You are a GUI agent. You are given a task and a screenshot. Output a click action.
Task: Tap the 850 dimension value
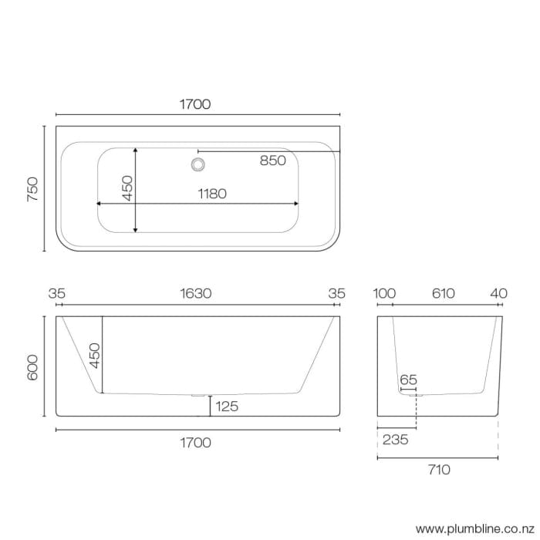[273, 160]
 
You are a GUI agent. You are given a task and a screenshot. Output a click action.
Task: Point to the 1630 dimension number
[196, 294]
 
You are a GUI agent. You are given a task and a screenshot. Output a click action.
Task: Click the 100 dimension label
[384, 294]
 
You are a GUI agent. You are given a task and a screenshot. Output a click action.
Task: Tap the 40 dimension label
[499, 294]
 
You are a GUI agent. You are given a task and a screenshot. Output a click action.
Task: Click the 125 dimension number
[227, 407]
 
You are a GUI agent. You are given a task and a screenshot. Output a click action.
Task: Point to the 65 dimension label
[408, 380]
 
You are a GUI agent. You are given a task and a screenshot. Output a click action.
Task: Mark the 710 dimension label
[437, 469]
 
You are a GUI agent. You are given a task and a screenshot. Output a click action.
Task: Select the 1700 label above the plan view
[196, 104]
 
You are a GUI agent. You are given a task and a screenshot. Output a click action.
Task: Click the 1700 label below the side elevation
[196, 443]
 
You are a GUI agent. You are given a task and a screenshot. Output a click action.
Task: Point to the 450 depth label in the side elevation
[93, 356]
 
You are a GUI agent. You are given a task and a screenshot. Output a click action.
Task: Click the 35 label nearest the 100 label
[336, 294]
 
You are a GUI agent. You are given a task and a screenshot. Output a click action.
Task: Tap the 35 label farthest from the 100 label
[56, 294]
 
